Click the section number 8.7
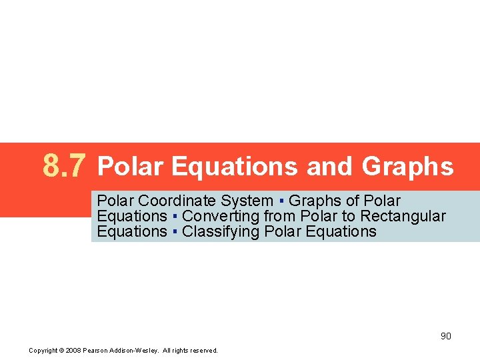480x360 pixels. tap(64, 165)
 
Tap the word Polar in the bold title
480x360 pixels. tap(130, 167)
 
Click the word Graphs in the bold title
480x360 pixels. tap(407, 167)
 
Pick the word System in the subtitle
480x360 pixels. tap(247, 201)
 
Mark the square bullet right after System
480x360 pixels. tap(281, 201)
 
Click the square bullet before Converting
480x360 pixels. tap(174, 217)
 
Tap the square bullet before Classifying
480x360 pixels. tap(174, 232)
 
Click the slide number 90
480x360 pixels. tap(445, 336)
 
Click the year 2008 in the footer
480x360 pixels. tap(75, 350)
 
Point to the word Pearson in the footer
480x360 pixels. tap(99, 350)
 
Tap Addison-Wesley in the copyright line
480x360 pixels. tap(135, 350)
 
